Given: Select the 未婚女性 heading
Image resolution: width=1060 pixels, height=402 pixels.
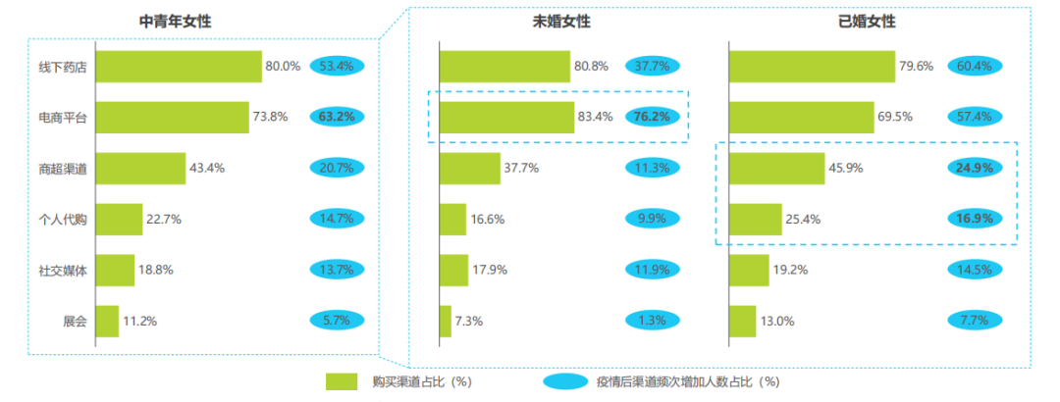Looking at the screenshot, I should tap(562, 21).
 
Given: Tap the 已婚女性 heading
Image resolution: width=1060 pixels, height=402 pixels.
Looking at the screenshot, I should tap(867, 21).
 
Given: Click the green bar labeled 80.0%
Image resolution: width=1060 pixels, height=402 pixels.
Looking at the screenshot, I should tap(179, 67).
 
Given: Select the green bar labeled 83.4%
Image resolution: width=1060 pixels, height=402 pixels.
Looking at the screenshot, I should tap(506, 117).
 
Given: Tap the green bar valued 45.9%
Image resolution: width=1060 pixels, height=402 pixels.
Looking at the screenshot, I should tap(776, 168).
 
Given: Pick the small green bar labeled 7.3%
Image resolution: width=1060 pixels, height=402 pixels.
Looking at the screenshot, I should tap(446, 321).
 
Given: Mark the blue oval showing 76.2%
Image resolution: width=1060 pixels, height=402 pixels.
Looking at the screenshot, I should tap(651, 117).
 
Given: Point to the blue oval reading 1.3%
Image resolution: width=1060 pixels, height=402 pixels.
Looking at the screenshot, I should tap(651, 321).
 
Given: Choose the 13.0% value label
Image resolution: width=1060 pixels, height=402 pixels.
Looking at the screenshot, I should tap(777, 321).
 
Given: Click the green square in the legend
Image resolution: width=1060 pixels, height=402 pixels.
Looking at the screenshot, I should tap(343, 380).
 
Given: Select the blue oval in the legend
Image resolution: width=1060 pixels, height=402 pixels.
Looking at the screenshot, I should tap(569, 380).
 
